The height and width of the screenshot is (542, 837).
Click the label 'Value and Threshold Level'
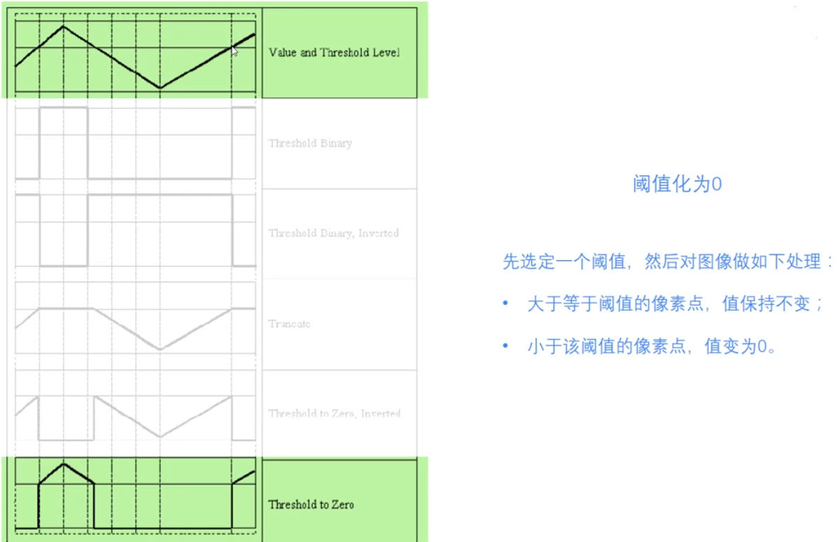pyautogui.click(x=334, y=52)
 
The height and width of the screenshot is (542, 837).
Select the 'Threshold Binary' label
pyautogui.click(x=310, y=143)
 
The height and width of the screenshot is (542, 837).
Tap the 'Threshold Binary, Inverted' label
pyautogui.click(x=333, y=234)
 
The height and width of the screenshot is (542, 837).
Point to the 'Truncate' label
pyautogui.click(x=289, y=324)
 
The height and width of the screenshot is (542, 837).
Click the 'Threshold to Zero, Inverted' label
pyautogui.click(x=334, y=413)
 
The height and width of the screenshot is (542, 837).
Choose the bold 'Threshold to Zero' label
pyautogui.click(x=311, y=504)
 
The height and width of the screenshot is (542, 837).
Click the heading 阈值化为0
pyautogui.click(x=677, y=184)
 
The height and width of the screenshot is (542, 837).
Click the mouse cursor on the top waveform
pyautogui.click(x=234, y=50)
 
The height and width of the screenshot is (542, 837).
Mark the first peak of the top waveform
pyautogui.click(x=64, y=27)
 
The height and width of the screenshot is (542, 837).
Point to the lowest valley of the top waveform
pyautogui.click(x=160, y=88)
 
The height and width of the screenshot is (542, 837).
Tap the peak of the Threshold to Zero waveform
pyautogui.click(x=64, y=464)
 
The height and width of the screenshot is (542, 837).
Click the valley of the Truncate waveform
pyautogui.click(x=160, y=349)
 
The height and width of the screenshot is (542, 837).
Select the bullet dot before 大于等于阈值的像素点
pyautogui.click(x=505, y=304)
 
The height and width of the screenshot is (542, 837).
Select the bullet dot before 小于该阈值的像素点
pyautogui.click(x=505, y=346)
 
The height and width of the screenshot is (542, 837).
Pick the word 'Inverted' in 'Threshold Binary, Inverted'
pyautogui.click(x=379, y=234)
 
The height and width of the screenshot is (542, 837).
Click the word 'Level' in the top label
pyautogui.click(x=386, y=52)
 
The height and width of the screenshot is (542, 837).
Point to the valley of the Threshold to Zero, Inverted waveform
pyautogui.click(x=160, y=436)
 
